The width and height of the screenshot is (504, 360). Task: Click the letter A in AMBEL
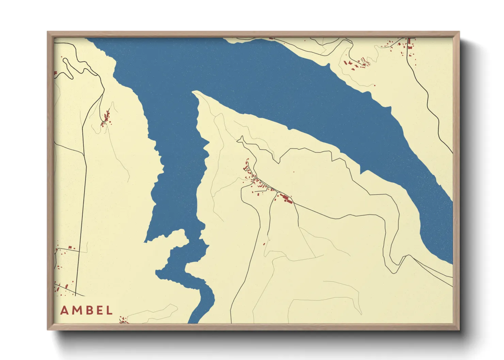click(64, 310)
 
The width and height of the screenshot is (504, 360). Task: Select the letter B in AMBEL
click(88, 310)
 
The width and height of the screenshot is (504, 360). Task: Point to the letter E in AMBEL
click(98, 310)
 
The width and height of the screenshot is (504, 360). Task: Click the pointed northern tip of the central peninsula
click(194, 92)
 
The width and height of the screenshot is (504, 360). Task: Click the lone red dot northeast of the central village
click(294, 172)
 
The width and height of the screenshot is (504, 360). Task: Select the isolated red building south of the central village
click(264, 244)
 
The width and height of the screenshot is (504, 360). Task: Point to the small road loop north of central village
click(241, 139)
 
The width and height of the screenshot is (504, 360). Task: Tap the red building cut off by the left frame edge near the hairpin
click(56, 73)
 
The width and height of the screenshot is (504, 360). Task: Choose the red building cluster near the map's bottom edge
click(124, 320)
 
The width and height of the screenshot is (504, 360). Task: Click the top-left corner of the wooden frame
click(48, 32)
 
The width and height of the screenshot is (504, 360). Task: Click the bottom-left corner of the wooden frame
click(48, 329)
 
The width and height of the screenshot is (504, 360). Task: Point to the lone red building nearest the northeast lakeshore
click(375, 85)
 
